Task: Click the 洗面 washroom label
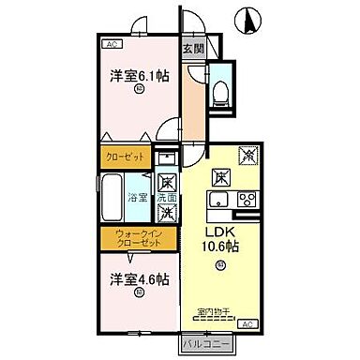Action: (x=166, y=198)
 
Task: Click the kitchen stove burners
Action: (x=247, y=199)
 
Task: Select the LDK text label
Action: (x=221, y=232)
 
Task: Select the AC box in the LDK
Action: (x=247, y=323)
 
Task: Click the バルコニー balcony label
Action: (x=205, y=343)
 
